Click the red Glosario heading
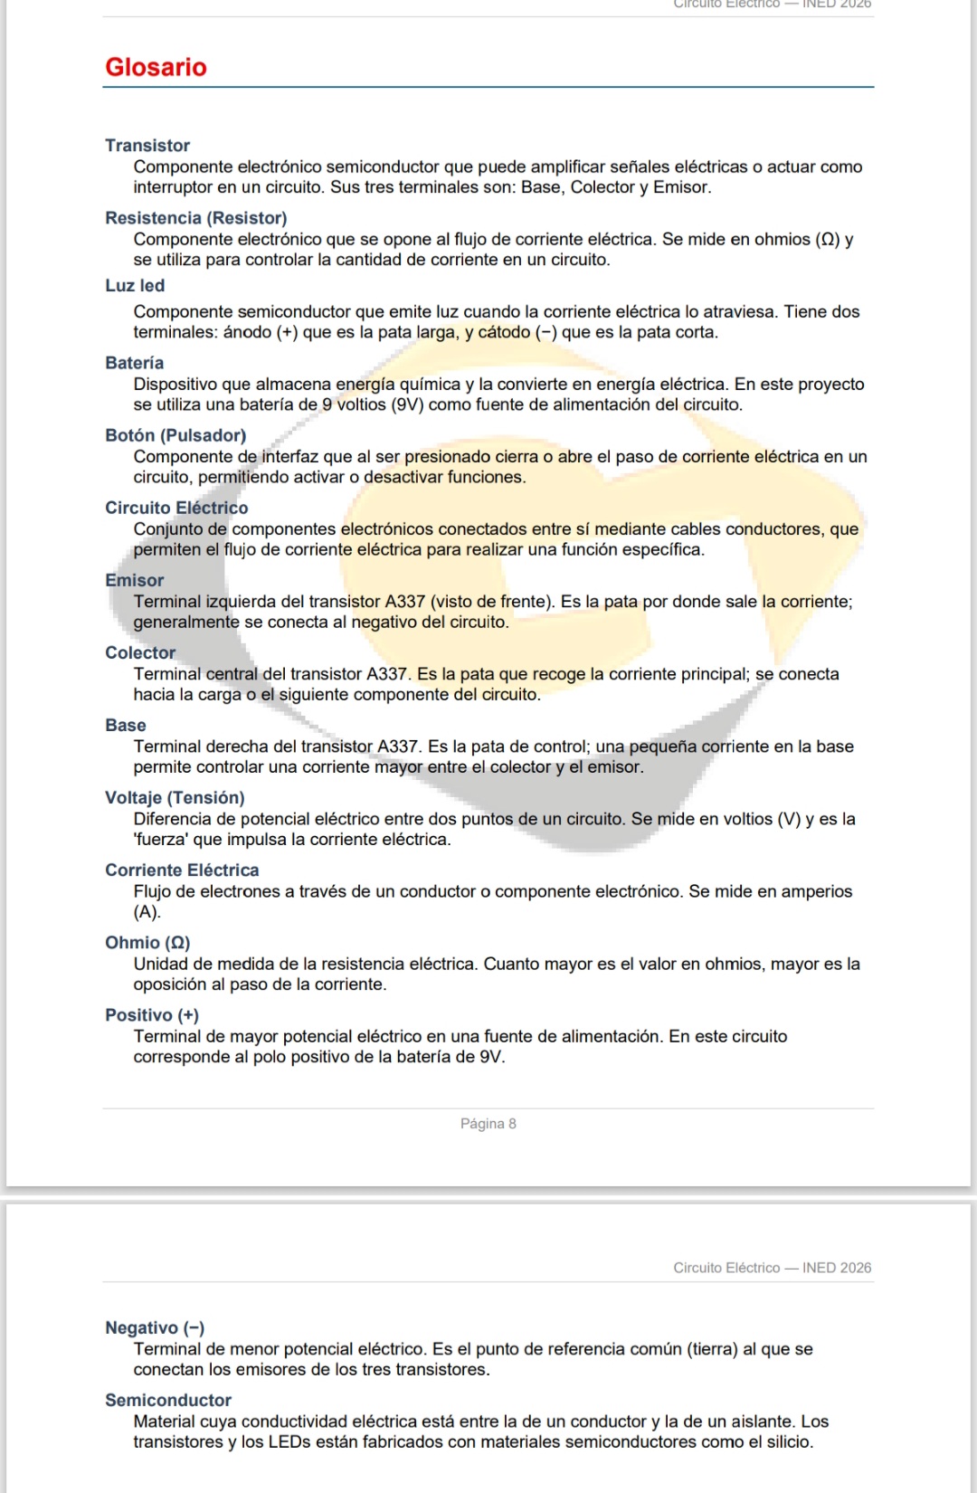pyautogui.click(x=156, y=67)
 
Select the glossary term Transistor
pyautogui.click(x=147, y=146)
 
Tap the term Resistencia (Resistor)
pyautogui.click(x=195, y=218)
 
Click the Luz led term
pyautogui.click(x=135, y=286)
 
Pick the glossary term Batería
pyautogui.click(x=134, y=363)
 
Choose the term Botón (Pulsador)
pyautogui.click(x=175, y=435)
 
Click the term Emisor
pyautogui.click(x=134, y=580)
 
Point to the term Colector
pyautogui.click(x=140, y=652)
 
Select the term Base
pyautogui.click(x=125, y=725)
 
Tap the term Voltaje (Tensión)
pyautogui.click(x=175, y=797)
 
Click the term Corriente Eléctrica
pyautogui.click(x=182, y=870)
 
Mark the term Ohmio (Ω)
pyautogui.click(x=147, y=942)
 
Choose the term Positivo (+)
pyautogui.click(x=152, y=1015)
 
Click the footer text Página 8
pyautogui.click(x=488, y=1124)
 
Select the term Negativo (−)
pyautogui.click(x=155, y=1327)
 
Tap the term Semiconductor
pyautogui.click(x=168, y=1400)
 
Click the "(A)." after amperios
pyautogui.click(x=147, y=912)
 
